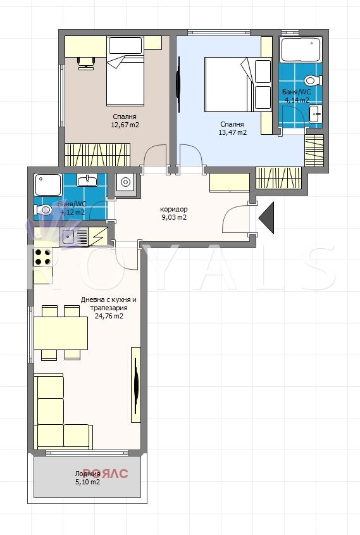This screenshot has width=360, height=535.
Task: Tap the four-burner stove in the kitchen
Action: point(42,257)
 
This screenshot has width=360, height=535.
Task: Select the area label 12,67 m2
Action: point(125,125)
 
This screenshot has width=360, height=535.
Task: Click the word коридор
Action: point(174,209)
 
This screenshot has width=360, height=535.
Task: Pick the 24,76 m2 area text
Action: point(108,316)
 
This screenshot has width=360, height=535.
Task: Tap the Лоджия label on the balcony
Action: point(87,473)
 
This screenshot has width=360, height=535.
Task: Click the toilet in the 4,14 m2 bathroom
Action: point(311,80)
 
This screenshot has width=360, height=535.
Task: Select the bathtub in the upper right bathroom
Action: point(301,50)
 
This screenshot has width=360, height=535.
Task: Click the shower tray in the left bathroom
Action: point(48,185)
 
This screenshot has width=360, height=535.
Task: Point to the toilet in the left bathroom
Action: point(44,210)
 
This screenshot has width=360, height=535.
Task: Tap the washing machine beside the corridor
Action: point(125,183)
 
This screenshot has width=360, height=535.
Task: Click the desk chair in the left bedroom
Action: point(85,61)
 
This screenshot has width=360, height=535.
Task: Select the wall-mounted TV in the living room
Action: point(136,384)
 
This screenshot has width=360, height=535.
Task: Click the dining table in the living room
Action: point(61,333)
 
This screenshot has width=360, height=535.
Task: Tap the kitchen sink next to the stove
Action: point(68,237)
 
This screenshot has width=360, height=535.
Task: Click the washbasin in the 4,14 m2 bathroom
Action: point(314,114)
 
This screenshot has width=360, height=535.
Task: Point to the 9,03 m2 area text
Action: point(173,217)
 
